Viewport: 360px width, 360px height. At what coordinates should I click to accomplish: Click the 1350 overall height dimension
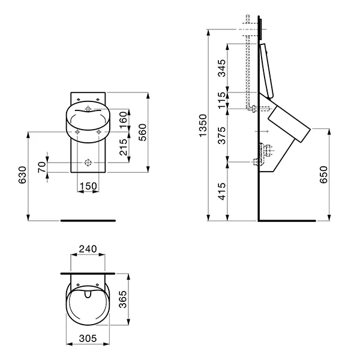203,125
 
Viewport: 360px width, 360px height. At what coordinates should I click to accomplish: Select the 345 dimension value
222,68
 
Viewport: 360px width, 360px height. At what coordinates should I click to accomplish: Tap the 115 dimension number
222,100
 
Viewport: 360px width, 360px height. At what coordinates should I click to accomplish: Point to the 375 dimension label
222,136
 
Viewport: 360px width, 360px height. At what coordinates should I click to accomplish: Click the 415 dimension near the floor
222,191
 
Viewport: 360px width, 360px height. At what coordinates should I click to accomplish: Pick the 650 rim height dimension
324,175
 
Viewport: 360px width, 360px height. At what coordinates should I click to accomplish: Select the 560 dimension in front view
142,132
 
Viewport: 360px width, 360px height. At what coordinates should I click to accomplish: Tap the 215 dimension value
123,147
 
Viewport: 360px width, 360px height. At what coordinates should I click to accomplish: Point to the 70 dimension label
42,167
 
